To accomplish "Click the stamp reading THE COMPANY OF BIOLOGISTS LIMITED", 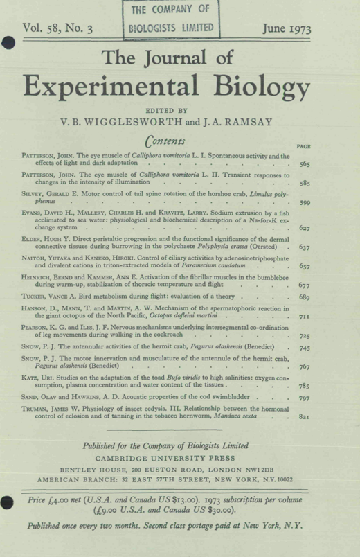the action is [174, 21].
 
